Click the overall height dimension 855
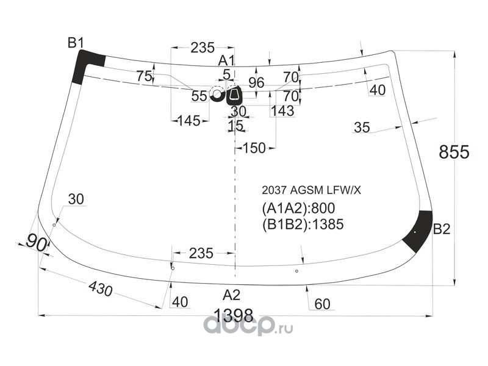tap(454, 152)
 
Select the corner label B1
tap(76, 43)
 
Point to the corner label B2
tap(442, 229)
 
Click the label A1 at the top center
tap(226, 60)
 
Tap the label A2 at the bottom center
tap(232, 295)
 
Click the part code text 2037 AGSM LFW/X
tap(311, 190)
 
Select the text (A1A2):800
tap(298, 209)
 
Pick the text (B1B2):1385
tap(303, 224)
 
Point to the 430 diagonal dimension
tap(100, 289)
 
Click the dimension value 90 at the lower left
tap(37, 243)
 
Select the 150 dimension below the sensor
tap(254, 148)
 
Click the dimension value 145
tap(189, 121)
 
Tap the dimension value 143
tap(282, 111)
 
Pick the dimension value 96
tap(256, 83)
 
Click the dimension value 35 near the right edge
tap(362, 127)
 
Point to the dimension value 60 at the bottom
tap(323, 304)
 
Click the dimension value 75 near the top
tap(144, 76)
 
